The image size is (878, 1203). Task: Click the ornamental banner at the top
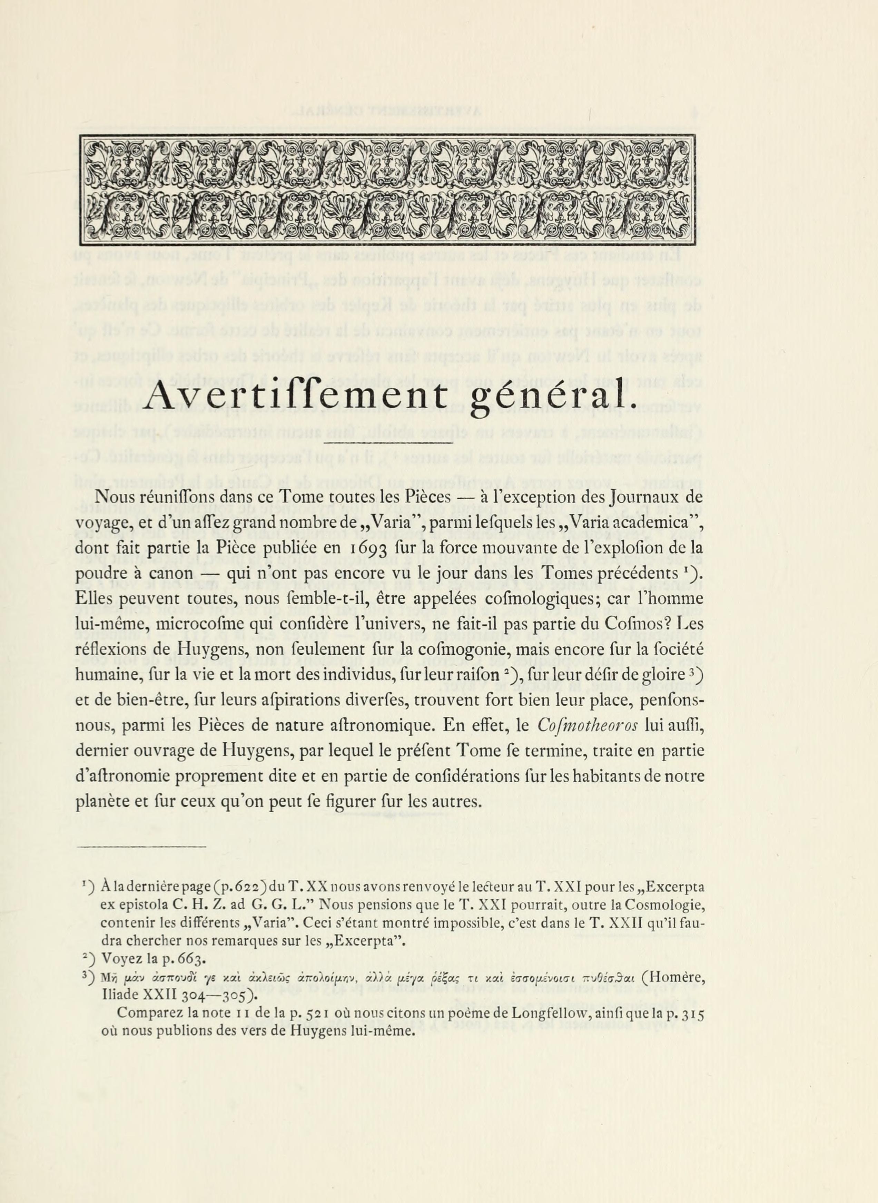coord(387,190)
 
